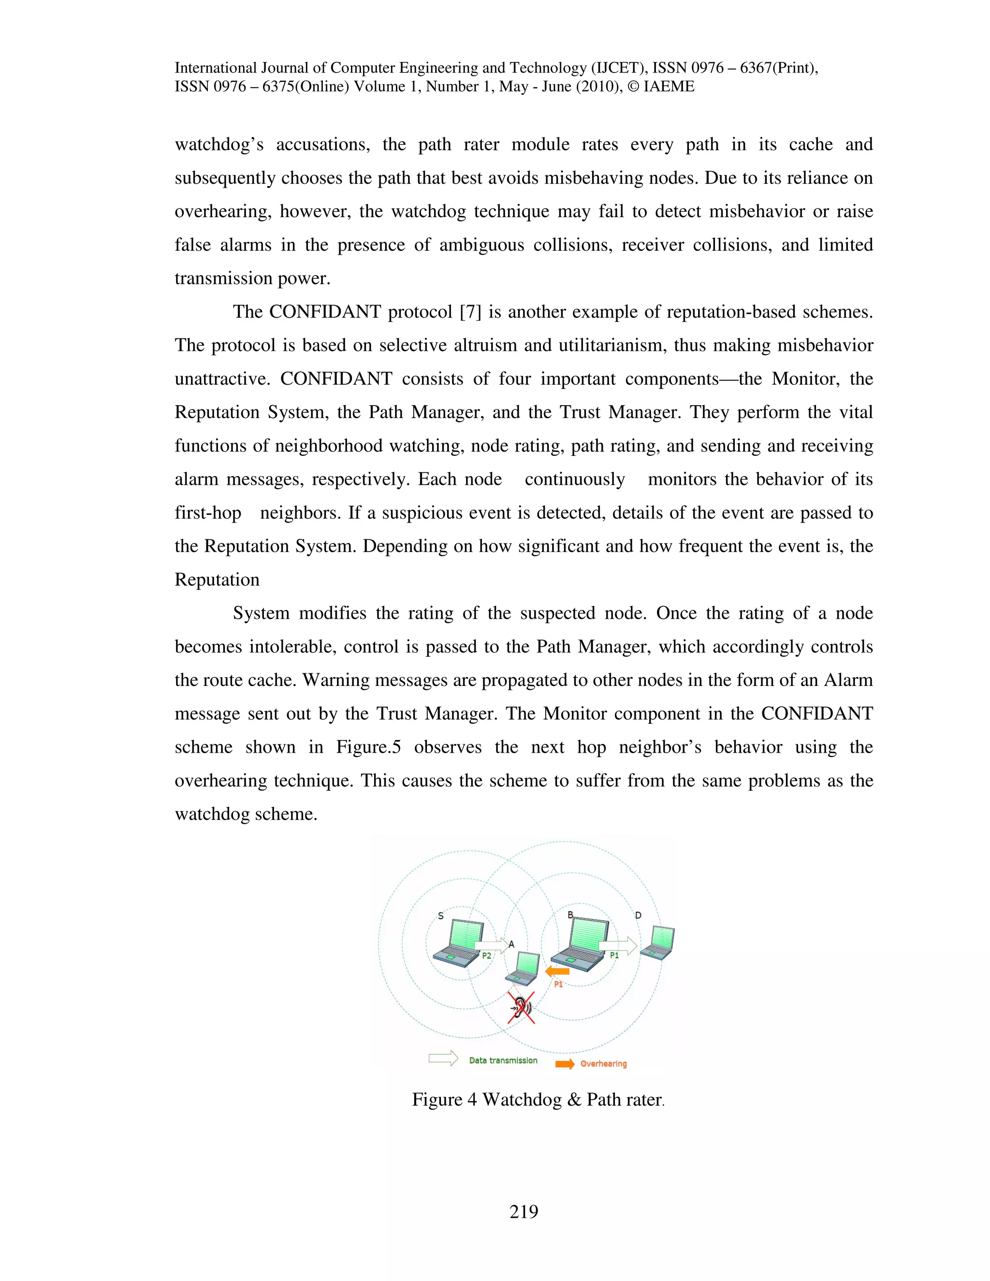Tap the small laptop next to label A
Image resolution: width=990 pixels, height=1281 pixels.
pos(524,969)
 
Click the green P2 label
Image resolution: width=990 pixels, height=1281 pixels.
pos(486,956)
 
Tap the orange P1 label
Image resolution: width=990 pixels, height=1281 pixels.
pos(558,984)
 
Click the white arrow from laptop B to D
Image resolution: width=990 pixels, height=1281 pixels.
pos(618,946)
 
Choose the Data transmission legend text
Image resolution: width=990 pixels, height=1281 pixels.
pos(503,1061)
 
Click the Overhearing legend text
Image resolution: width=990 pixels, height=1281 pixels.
pos(603,1064)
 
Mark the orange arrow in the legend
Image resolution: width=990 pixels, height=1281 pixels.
pos(565,1064)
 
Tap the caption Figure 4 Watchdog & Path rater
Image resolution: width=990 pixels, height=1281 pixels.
pos(538,1099)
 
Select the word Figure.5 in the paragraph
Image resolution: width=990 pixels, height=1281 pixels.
pos(368,747)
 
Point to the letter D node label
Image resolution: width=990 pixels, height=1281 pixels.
pos(638,916)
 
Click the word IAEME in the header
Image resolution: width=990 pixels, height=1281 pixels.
pos(669,87)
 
